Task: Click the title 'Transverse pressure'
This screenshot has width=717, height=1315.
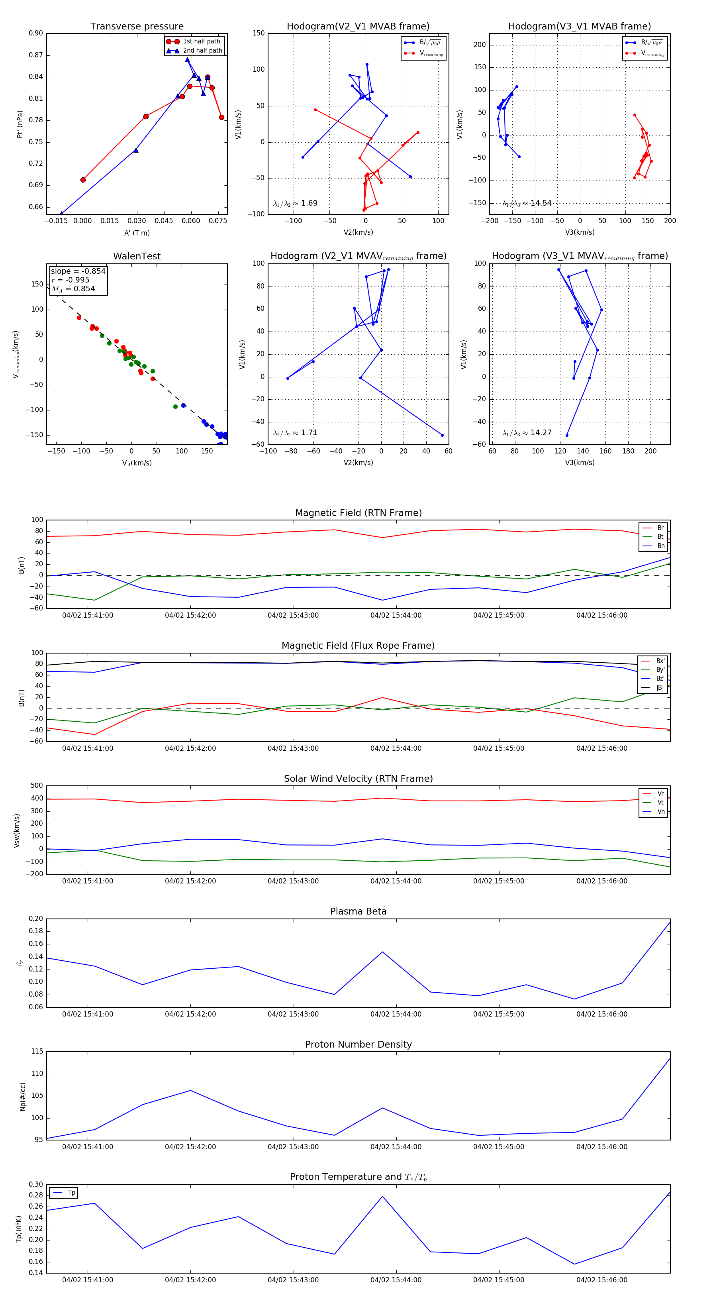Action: pos(137,27)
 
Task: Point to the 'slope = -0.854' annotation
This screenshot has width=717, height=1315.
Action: pos(78,271)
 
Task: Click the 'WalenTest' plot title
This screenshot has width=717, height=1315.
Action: pos(137,256)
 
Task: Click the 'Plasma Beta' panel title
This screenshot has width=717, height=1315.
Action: pos(358,911)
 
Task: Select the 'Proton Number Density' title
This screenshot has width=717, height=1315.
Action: pos(358,1044)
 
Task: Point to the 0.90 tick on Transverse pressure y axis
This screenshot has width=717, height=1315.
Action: pos(36,33)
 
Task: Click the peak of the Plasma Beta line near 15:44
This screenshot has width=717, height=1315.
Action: pos(382,952)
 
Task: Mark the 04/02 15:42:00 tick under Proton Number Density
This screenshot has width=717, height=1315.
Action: pos(190,1147)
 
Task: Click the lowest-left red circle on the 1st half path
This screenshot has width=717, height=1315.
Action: pos(83,180)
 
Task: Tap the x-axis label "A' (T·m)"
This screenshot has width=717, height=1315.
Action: pos(137,233)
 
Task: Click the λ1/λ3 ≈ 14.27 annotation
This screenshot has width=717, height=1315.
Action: pos(527,433)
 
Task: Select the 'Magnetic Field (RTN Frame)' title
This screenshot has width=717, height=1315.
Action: pos(358,513)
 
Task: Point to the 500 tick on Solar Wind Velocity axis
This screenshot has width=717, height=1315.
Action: pos(36,786)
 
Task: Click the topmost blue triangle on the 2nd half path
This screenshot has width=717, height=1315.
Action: pos(187,60)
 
